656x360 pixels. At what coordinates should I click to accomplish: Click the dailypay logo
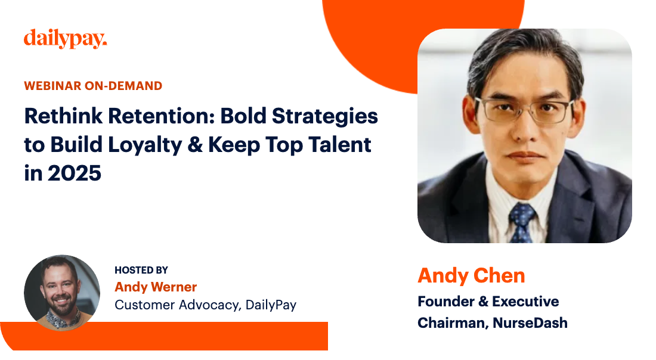[66, 39]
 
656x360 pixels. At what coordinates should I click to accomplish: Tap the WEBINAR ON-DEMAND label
[93, 86]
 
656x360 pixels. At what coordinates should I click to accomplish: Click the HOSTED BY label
[141, 271]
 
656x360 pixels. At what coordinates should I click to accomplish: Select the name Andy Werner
[156, 287]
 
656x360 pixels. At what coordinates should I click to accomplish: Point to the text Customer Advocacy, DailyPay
[205, 305]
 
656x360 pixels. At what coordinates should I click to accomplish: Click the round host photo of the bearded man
[62, 293]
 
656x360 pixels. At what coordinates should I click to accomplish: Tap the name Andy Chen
[471, 275]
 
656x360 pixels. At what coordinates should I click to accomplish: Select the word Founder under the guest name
[445, 302]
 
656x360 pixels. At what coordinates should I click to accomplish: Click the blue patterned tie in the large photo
[522, 221]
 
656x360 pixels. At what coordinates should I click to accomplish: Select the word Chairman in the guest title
[452, 323]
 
